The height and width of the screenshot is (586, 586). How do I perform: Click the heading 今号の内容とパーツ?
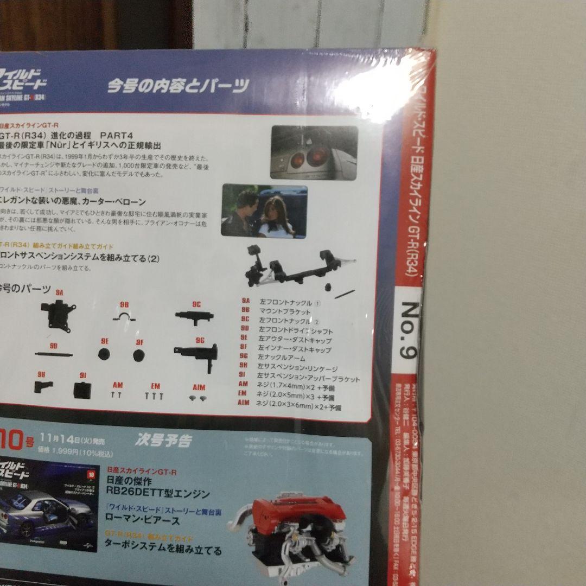click(177, 86)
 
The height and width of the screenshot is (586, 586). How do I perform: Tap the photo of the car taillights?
click(314, 152)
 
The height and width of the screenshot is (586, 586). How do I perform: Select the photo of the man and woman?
click(264, 211)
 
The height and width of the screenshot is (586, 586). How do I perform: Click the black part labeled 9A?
click(58, 313)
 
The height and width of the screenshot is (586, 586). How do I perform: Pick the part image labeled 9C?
click(193, 316)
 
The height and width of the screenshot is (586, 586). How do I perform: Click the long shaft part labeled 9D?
click(53, 354)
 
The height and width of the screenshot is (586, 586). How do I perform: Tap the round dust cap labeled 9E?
click(104, 354)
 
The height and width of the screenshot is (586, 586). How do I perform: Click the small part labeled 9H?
click(43, 386)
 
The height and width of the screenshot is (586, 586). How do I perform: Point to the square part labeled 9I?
click(82, 389)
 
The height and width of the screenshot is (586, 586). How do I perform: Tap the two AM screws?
click(116, 396)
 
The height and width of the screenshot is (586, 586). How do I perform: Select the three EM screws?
click(154, 396)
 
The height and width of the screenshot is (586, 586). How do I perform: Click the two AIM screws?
click(199, 398)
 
